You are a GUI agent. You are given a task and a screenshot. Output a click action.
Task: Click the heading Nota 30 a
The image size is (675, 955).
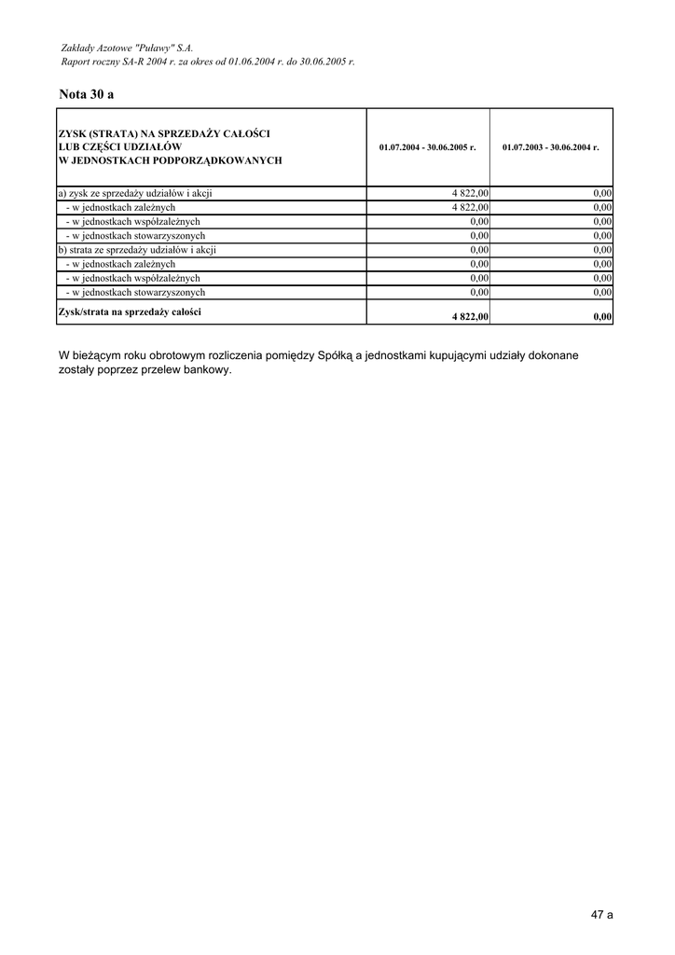(86, 94)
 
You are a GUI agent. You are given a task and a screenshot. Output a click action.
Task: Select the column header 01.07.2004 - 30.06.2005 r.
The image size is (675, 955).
(428, 147)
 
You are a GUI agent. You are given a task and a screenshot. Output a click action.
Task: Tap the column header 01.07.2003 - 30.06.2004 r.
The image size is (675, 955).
(551, 147)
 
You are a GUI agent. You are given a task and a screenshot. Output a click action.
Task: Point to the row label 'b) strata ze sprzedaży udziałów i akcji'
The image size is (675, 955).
(137, 249)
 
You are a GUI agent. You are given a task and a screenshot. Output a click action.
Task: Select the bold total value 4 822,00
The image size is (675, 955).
(471, 317)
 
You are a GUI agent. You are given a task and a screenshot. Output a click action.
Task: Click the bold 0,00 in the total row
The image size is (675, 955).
(602, 317)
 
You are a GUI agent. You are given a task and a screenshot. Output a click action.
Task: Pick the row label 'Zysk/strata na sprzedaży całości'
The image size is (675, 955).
(130, 311)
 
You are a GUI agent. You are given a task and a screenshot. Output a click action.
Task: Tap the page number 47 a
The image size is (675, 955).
(601, 915)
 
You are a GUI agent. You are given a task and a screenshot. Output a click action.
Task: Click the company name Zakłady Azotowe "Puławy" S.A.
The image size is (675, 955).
(126, 46)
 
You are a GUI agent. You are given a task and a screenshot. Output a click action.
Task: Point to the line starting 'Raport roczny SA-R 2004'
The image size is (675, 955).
(207, 61)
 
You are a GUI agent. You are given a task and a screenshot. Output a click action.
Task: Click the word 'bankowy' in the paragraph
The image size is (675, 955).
(207, 369)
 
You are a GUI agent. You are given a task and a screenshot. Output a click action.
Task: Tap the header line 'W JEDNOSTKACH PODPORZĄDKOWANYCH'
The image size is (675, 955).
(170, 160)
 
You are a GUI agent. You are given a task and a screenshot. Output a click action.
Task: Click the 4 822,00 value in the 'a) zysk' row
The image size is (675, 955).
(471, 193)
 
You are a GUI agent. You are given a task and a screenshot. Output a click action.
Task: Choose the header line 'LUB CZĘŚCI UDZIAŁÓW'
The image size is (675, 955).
(119, 147)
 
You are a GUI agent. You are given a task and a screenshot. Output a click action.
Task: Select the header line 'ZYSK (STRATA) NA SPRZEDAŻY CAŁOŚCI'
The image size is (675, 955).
(163, 134)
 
